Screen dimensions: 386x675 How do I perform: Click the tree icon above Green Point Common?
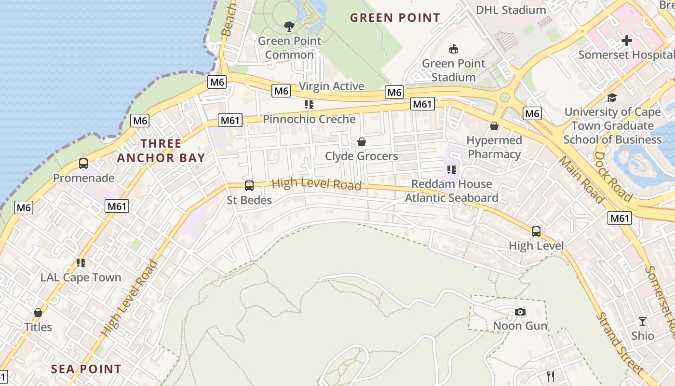pyautogui.click(x=289, y=27)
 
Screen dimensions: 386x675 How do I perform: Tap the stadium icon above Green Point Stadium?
pyautogui.click(x=453, y=49)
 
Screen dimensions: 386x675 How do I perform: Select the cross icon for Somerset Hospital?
pyautogui.click(x=626, y=41)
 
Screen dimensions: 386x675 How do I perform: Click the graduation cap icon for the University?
pyautogui.click(x=612, y=97)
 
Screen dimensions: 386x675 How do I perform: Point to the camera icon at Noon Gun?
pyautogui.click(x=520, y=312)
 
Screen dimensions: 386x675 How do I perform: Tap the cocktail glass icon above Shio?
pyautogui.click(x=643, y=321)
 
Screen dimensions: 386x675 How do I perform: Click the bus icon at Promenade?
pyautogui.click(x=83, y=164)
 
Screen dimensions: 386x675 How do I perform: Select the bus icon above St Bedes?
pyautogui.click(x=249, y=186)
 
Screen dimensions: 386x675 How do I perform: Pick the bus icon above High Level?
pyautogui.click(x=536, y=232)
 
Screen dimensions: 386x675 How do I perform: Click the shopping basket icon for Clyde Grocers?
pyautogui.click(x=361, y=142)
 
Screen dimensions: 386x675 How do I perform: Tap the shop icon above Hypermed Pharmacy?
pyautogui.click(x=494, y=126)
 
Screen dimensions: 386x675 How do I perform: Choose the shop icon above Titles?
pyautogui.click(x=38, y=313)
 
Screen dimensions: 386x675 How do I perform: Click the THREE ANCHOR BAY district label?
pyautogui.click(x=161, y=151)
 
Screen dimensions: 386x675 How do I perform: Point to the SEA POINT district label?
pyautogui.click(x=86, y=369)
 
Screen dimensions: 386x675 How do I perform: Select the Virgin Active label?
pyautogui.click(x=331, y=86)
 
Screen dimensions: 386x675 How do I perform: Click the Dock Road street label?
pyautogui.click(x=612, y=177)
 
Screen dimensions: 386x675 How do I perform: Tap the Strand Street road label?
pyautogui.click(x=620, y=344)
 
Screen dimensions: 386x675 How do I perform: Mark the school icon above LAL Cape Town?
pyautogui.click(x=81, y=263)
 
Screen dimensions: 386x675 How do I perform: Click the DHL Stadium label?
pyautogui.click(x=511, y=10)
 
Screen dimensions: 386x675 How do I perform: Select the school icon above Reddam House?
pyautogui.click(x=451, y=170)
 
